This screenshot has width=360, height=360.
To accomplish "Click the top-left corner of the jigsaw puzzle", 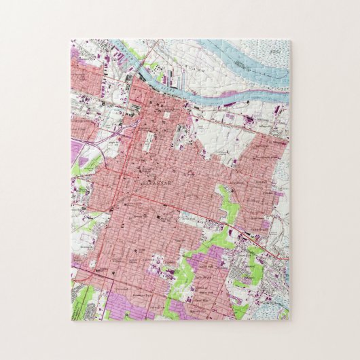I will (71, 39).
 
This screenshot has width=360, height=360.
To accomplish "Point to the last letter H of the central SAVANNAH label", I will (170, 183).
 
